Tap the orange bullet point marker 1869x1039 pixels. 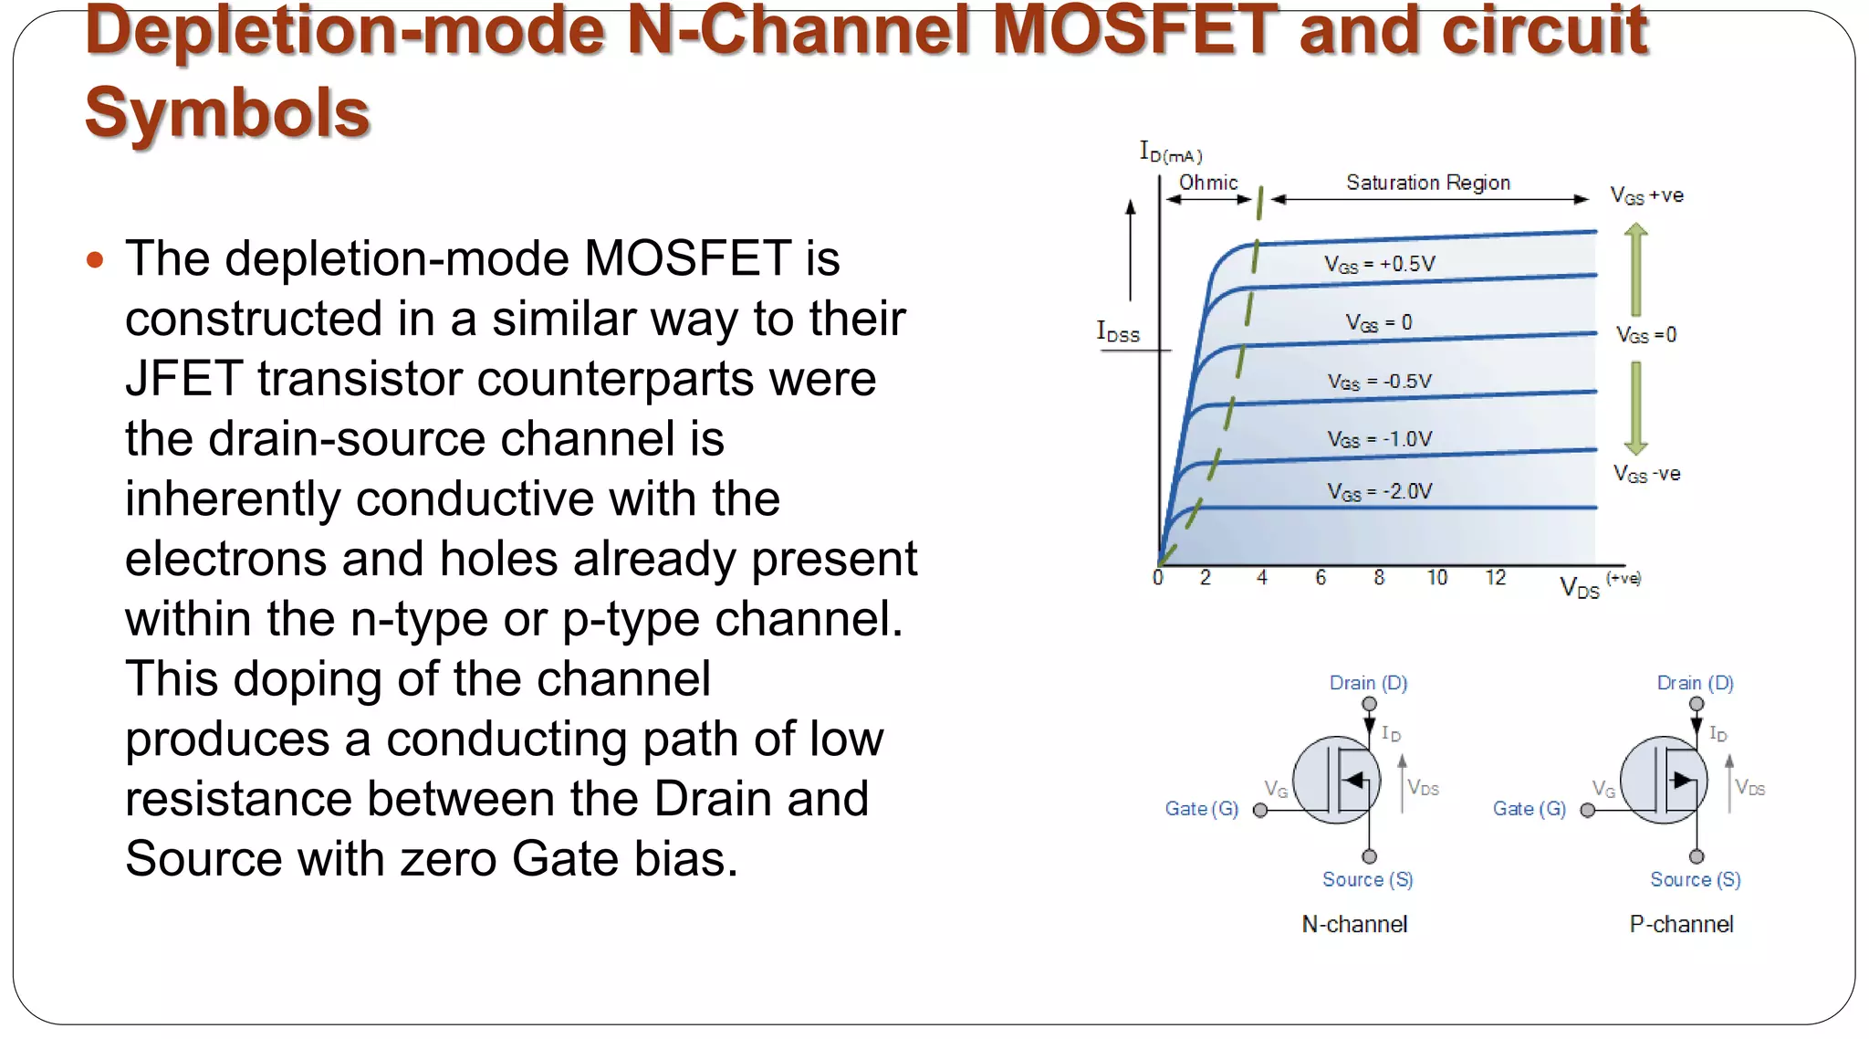95,260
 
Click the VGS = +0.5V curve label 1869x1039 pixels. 1379,265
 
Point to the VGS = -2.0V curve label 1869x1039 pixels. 1379,492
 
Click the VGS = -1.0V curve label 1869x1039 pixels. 1379,440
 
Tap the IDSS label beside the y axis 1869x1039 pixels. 1118,332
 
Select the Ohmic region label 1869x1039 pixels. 1208,183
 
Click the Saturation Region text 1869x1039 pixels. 1428,183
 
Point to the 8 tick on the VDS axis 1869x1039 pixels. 1379,578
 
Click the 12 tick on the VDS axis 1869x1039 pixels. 1495,578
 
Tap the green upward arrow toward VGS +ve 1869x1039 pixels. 1636,269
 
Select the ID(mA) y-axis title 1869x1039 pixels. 1171,152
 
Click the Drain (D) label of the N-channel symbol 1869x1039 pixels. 1368,683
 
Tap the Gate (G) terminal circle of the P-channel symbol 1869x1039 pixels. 1588,811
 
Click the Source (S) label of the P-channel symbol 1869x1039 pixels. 1695,879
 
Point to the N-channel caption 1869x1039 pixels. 1354,925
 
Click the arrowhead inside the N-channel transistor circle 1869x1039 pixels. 1353,780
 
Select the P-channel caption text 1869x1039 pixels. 1681,925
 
